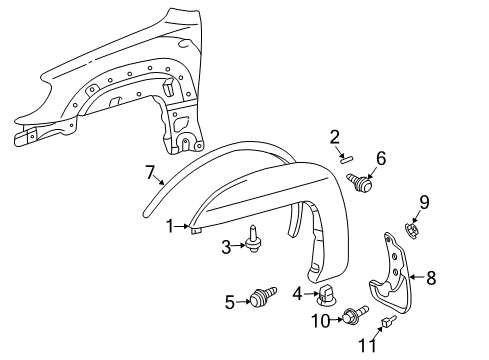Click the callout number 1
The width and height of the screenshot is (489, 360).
(170, 226)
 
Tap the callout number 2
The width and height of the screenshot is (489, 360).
(335, 137)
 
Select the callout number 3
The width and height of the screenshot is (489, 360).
(226, 246)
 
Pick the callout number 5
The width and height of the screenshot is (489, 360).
(230, 300)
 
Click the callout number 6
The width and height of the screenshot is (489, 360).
(380, 157)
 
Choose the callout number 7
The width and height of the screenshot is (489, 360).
(151, 173)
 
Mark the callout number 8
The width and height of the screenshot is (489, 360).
(432, 277)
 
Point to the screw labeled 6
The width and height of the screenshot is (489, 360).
(362, 181)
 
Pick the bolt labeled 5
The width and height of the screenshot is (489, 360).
(265, 297)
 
